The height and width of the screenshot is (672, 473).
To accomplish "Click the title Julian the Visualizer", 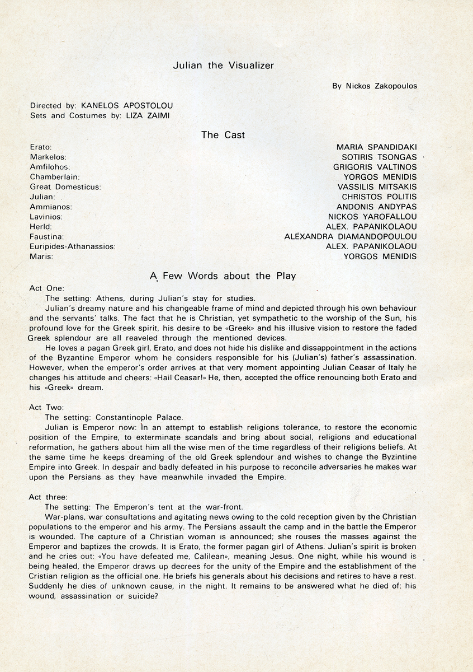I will [x=223, y=66].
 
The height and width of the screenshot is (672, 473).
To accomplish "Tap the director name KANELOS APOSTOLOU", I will [x=127, y=105].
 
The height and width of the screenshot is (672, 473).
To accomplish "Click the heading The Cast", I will [x=223, y=135].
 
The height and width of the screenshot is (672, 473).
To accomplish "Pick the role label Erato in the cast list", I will [x=40, y=147].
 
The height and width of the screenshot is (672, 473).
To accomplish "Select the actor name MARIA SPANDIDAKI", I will [x=376, y=147].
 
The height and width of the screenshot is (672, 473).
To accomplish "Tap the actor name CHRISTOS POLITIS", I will [x=379, y=197].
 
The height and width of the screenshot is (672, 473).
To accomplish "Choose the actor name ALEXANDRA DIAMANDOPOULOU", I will [x=351, y=237].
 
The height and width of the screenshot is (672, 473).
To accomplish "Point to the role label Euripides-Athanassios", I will [x=72, y=247].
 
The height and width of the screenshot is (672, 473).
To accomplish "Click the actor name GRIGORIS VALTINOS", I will [x=375, y=167].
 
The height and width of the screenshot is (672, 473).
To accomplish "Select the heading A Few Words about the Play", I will [x=223, y=276].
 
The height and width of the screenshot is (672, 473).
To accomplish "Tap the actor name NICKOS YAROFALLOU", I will [x=372, y=217].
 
